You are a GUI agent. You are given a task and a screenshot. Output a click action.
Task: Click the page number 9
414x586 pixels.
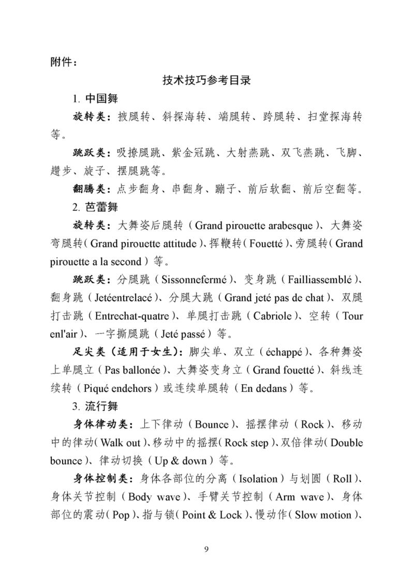point(206,549)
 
